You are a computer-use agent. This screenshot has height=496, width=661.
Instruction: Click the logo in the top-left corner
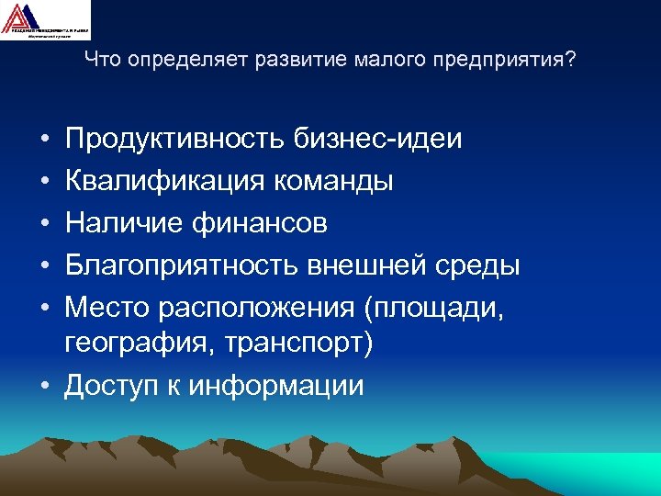point(46,19)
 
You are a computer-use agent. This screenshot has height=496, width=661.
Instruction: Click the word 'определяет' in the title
point(177,61)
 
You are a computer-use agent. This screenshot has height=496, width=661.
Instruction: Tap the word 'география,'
point(139,344)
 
